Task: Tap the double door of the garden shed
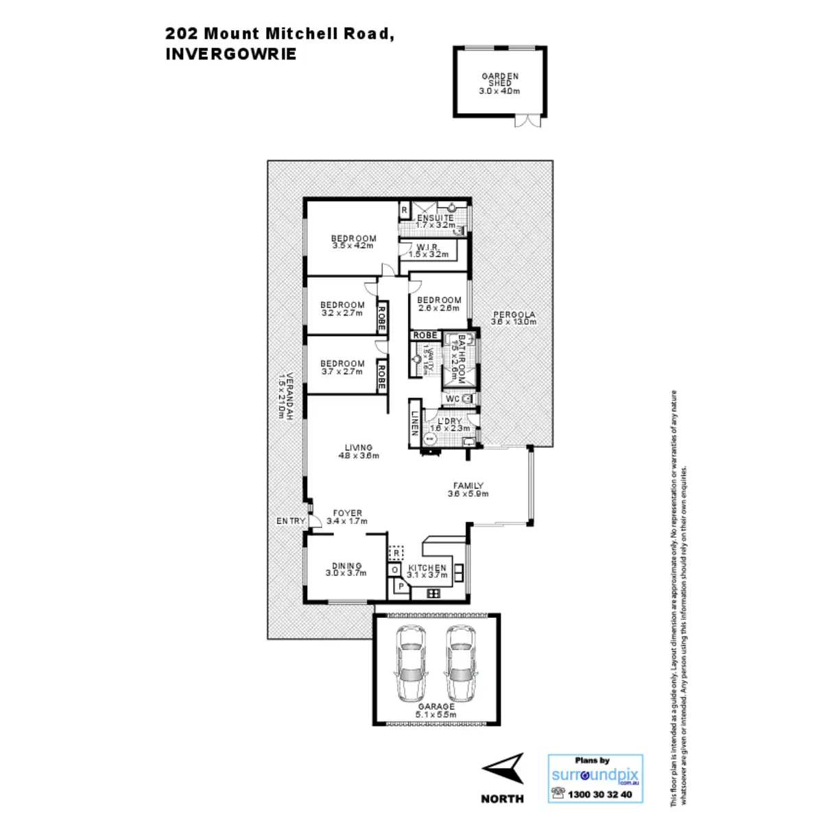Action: pos(527,121)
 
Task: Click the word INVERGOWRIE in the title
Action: pos(231,55)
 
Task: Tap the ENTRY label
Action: pos(291,521)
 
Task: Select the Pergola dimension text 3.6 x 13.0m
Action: pos(514,322)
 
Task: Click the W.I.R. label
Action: pos(428,247)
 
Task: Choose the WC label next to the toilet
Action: pos(453,399)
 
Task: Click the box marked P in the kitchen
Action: pos(401,587)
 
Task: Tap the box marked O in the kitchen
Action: pos(395,570)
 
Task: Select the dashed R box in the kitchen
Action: pos(396,552)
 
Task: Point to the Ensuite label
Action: pos(436,218)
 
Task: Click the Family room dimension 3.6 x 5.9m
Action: pos(468,494)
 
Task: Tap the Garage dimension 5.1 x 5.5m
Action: pos(436,715)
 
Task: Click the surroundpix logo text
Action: pos(595,775)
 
